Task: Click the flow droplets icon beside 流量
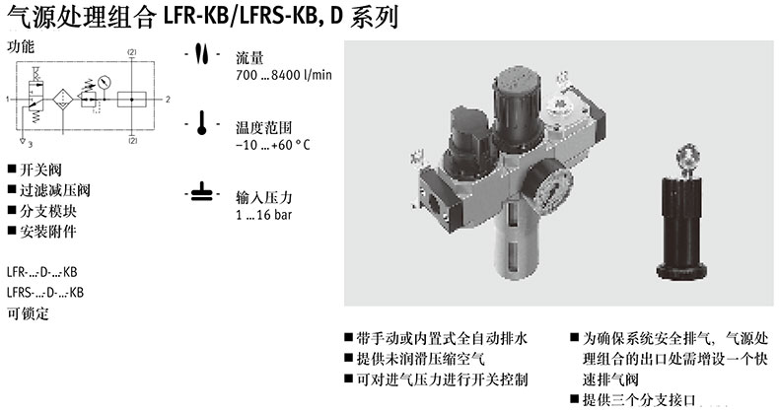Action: click(x=202, y=53)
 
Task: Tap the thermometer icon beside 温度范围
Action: click(x=202, y=122)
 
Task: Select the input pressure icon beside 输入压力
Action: click(x=202, y=192)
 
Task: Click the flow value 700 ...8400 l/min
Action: click(x=284, y=75)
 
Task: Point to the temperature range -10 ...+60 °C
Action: click(x=273, y=145)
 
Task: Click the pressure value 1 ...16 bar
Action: click(x=264, y=215)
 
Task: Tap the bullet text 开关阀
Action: click(x=40, y=170)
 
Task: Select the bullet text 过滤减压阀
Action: click(x=54, y=190)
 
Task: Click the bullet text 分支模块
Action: click(x=47, y=211)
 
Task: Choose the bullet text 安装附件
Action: click(x=47, y=232)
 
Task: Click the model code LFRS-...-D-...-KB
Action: click(x=45, y=292)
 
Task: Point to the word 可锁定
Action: click(x=28, y=313)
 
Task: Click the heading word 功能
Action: click(x=21, y=46)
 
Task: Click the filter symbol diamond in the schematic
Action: click(x=62, y=100)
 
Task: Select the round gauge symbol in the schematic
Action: click(x=105, y=82)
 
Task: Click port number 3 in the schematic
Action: click(x=31, y=145)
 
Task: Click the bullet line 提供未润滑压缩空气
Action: click(x=420, y=359)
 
